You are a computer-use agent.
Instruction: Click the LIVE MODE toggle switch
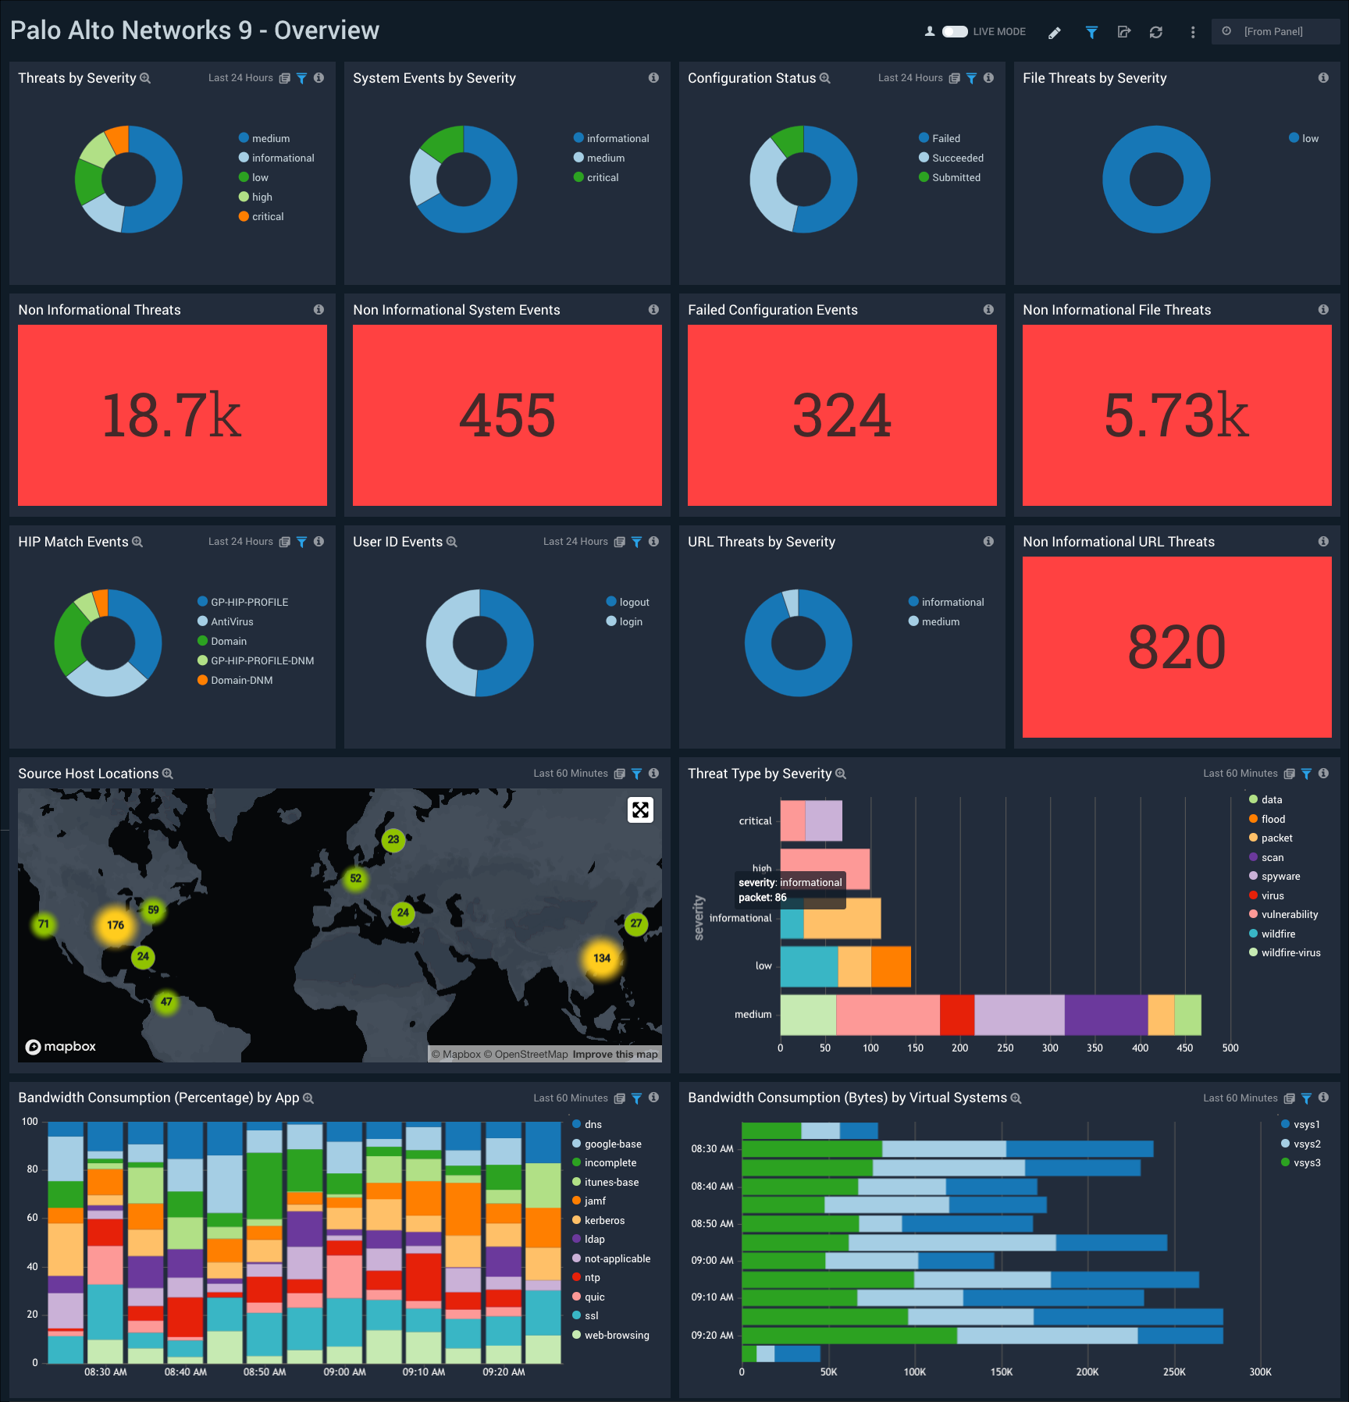click(955, 32)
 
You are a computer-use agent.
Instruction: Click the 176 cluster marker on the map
click(116, 925)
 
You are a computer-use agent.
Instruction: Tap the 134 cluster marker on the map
click(602, 958)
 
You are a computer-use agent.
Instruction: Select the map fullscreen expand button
click(640, 810)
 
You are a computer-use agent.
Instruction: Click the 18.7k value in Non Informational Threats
click(172, 415)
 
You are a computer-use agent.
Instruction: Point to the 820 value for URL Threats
click(1176, 647)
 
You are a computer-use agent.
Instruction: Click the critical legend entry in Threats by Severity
click(267, 217)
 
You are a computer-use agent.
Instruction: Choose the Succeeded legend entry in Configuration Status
click(957, 158)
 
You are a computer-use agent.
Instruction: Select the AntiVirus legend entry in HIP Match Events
click(232, 622)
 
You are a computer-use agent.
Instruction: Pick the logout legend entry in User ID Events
click(634, 603)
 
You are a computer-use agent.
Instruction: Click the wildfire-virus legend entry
click(1290, 953)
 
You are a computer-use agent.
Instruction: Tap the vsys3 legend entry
click(1306, 1163)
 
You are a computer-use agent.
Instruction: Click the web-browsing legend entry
click(616, 1336)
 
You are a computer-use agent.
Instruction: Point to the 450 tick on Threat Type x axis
click(1184, 1048)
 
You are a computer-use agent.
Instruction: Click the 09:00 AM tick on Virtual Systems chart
click(712, 1261)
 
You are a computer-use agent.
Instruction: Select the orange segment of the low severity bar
click(891, 966)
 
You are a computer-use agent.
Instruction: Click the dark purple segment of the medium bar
click(1105, 1015)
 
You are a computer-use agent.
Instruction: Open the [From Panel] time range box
click(1273, 32)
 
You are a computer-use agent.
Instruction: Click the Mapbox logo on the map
click(61, 1047)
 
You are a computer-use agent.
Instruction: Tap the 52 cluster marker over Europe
click(355, 878)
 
